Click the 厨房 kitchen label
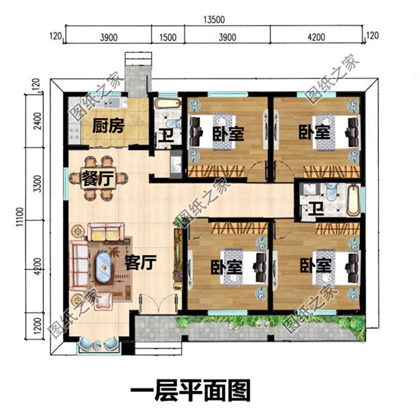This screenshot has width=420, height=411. (x=108, y=126)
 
